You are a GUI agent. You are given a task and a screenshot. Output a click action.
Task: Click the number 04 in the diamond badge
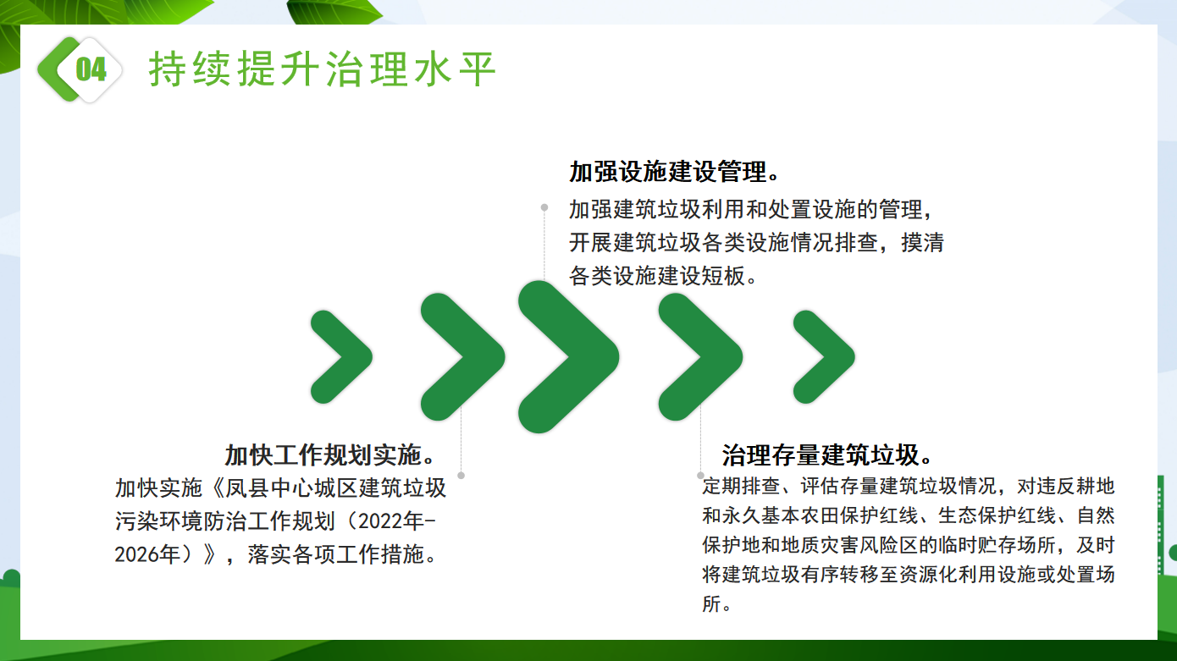click(x=91, y=69)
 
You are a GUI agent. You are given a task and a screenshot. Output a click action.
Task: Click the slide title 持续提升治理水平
click(x=322, y=69)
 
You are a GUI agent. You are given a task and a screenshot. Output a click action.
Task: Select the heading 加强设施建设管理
click(x=668, y=172)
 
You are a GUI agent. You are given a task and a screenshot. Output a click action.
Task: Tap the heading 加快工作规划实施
click(x=323, y=454)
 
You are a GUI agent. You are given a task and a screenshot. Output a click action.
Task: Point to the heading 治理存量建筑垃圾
click(x=821, y=454)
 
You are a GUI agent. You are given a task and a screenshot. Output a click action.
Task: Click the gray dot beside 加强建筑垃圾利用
click(x=544, y=207)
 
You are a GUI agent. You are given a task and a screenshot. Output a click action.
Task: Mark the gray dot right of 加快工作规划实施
click(x=461, y=475)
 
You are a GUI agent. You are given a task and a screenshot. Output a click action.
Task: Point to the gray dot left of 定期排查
click(x=700, y=475)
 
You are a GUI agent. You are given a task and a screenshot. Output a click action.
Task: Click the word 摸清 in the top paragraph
click(x=923, y=242)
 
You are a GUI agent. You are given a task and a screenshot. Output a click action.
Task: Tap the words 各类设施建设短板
click(x=657, y=276)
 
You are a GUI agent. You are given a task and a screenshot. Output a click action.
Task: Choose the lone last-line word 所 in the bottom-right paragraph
click(x=711, y=603)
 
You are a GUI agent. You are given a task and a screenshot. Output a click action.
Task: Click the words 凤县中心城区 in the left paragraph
click(x=291, y=487)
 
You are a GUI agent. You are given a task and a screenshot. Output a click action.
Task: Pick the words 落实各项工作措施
click(x=336, y=554)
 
